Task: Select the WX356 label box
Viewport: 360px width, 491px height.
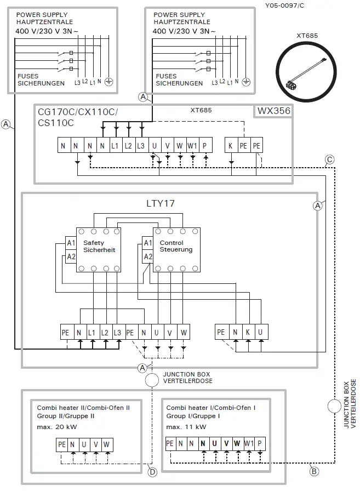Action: (273, 111)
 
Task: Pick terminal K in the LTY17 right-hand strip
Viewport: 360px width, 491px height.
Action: (248, 332)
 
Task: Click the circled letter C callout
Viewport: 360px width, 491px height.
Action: (329, 160)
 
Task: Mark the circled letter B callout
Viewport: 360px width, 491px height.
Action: (315, 471)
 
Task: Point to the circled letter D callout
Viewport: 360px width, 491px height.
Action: (152, 471)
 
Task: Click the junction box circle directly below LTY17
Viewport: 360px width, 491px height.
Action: (152, 380)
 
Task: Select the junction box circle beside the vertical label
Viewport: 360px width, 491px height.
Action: (334, 407)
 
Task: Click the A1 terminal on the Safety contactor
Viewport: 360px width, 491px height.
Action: (71, 243)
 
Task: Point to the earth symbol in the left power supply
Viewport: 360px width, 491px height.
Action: (108, 82)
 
